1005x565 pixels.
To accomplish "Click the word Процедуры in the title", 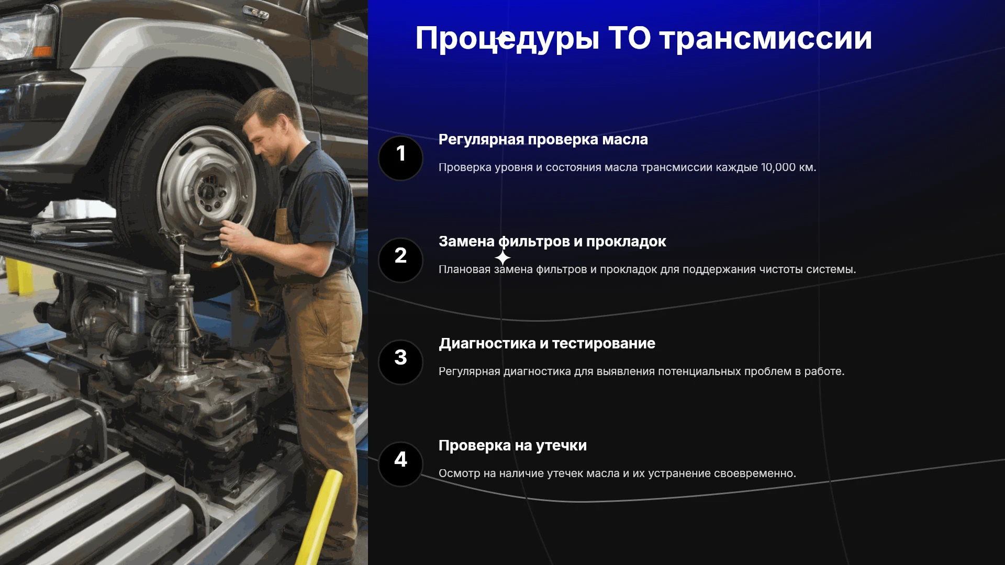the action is click(x=507, y=39).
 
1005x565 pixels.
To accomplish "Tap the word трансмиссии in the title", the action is click(x=766, y=39).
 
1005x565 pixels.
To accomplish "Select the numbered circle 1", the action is click(x=400, y=158).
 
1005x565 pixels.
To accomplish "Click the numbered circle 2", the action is click(x=400, y=260).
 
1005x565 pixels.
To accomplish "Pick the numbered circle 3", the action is click(x=400, y=362).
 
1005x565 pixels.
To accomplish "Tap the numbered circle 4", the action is click(x=400, y=464).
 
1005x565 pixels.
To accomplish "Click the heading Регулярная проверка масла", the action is click(x=543, y=140).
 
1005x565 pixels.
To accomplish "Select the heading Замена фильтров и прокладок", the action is click(x=552, y=242).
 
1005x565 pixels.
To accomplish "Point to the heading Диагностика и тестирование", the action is click(x=547, y=344).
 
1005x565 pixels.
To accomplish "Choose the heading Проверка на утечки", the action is click(x=512, y=446).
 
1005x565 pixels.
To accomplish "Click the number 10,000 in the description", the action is click(x=778, y=167).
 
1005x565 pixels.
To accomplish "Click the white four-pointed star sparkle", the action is click(x=502, y=258).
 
